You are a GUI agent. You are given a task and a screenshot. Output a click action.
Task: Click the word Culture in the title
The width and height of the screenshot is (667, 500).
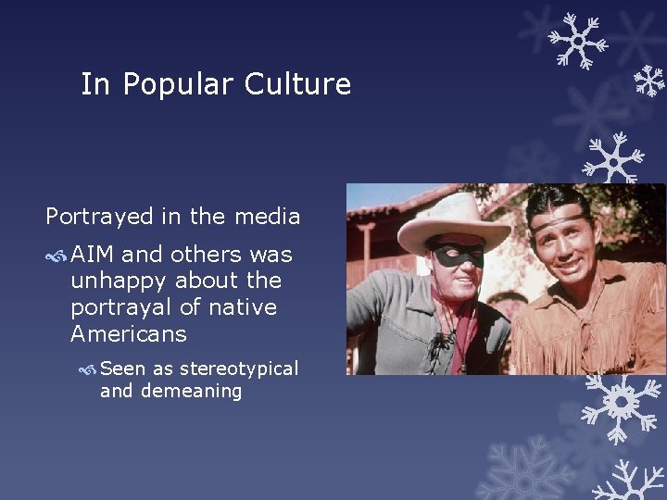point(297,84)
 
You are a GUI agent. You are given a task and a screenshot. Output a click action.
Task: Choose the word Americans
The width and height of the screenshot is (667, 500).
point(128,333)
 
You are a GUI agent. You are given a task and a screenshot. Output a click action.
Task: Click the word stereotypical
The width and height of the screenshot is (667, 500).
point(239,369)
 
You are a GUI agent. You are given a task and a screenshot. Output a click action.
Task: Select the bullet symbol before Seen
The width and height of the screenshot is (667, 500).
point(88,369)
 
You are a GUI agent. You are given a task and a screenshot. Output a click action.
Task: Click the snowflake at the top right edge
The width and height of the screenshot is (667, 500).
point(649,81)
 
